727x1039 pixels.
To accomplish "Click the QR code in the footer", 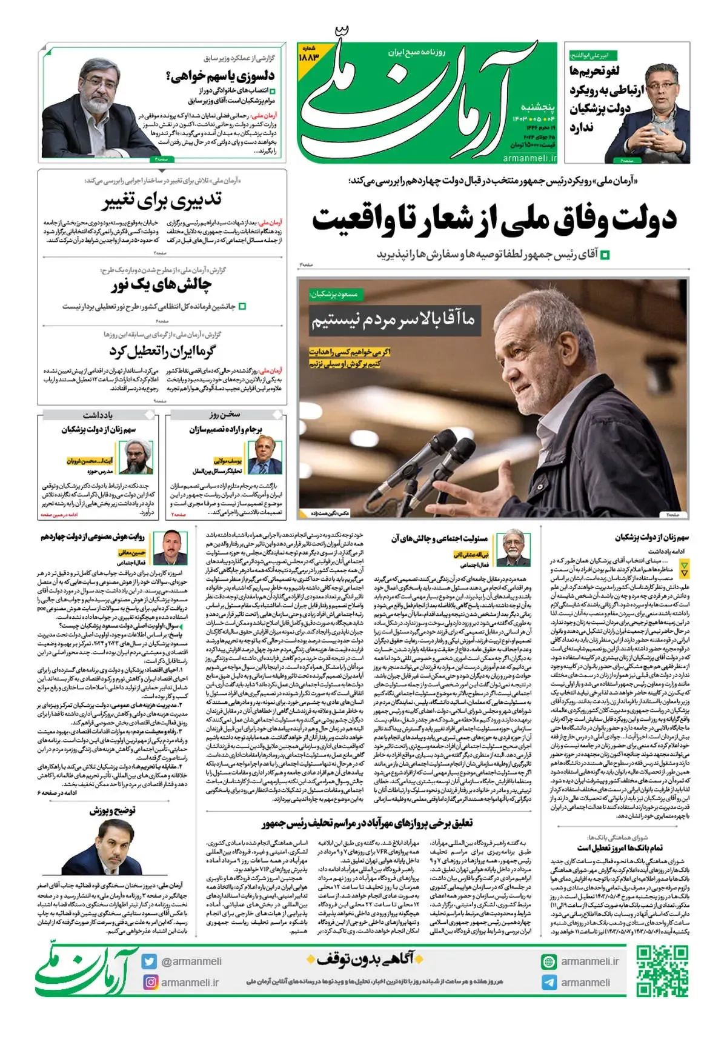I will tap(662, 971).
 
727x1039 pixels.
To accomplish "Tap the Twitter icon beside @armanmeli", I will tap(150, 961).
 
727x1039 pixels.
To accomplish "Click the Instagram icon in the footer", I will tap(150, 982).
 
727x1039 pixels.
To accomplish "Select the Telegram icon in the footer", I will tap(549, 982).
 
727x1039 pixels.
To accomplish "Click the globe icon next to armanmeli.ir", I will tap(549, 961).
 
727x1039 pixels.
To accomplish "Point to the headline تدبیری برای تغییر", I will tap(162, 201).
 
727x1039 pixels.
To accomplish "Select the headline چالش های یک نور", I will tap(161, 285).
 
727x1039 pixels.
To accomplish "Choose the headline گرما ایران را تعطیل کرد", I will tap(162, 351).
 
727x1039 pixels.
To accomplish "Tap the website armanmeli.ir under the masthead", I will tap(529, 158).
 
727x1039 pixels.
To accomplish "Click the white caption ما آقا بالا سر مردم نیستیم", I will tap(393, 319).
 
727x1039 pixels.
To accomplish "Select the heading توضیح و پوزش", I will tap(113, 810).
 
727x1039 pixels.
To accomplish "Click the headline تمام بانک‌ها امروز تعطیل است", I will tap(619, 847).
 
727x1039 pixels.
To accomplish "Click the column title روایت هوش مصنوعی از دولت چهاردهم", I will tap(93, 536).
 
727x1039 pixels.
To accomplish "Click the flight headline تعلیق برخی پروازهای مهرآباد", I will tap(367, 823).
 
